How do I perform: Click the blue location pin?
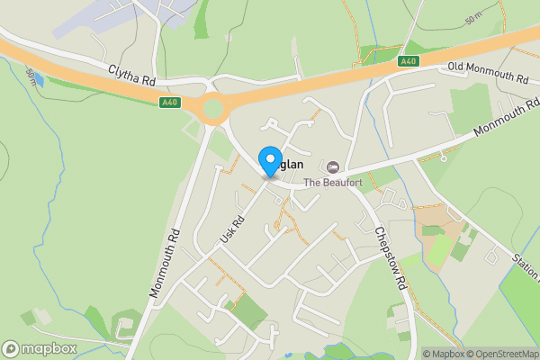point(269,161)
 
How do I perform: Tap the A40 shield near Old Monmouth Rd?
point(409,60)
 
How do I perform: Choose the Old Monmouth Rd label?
point(488,73)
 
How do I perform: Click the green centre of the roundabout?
point(213,109)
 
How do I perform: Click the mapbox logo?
point(40,348)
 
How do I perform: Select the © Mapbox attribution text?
point(442,354)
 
